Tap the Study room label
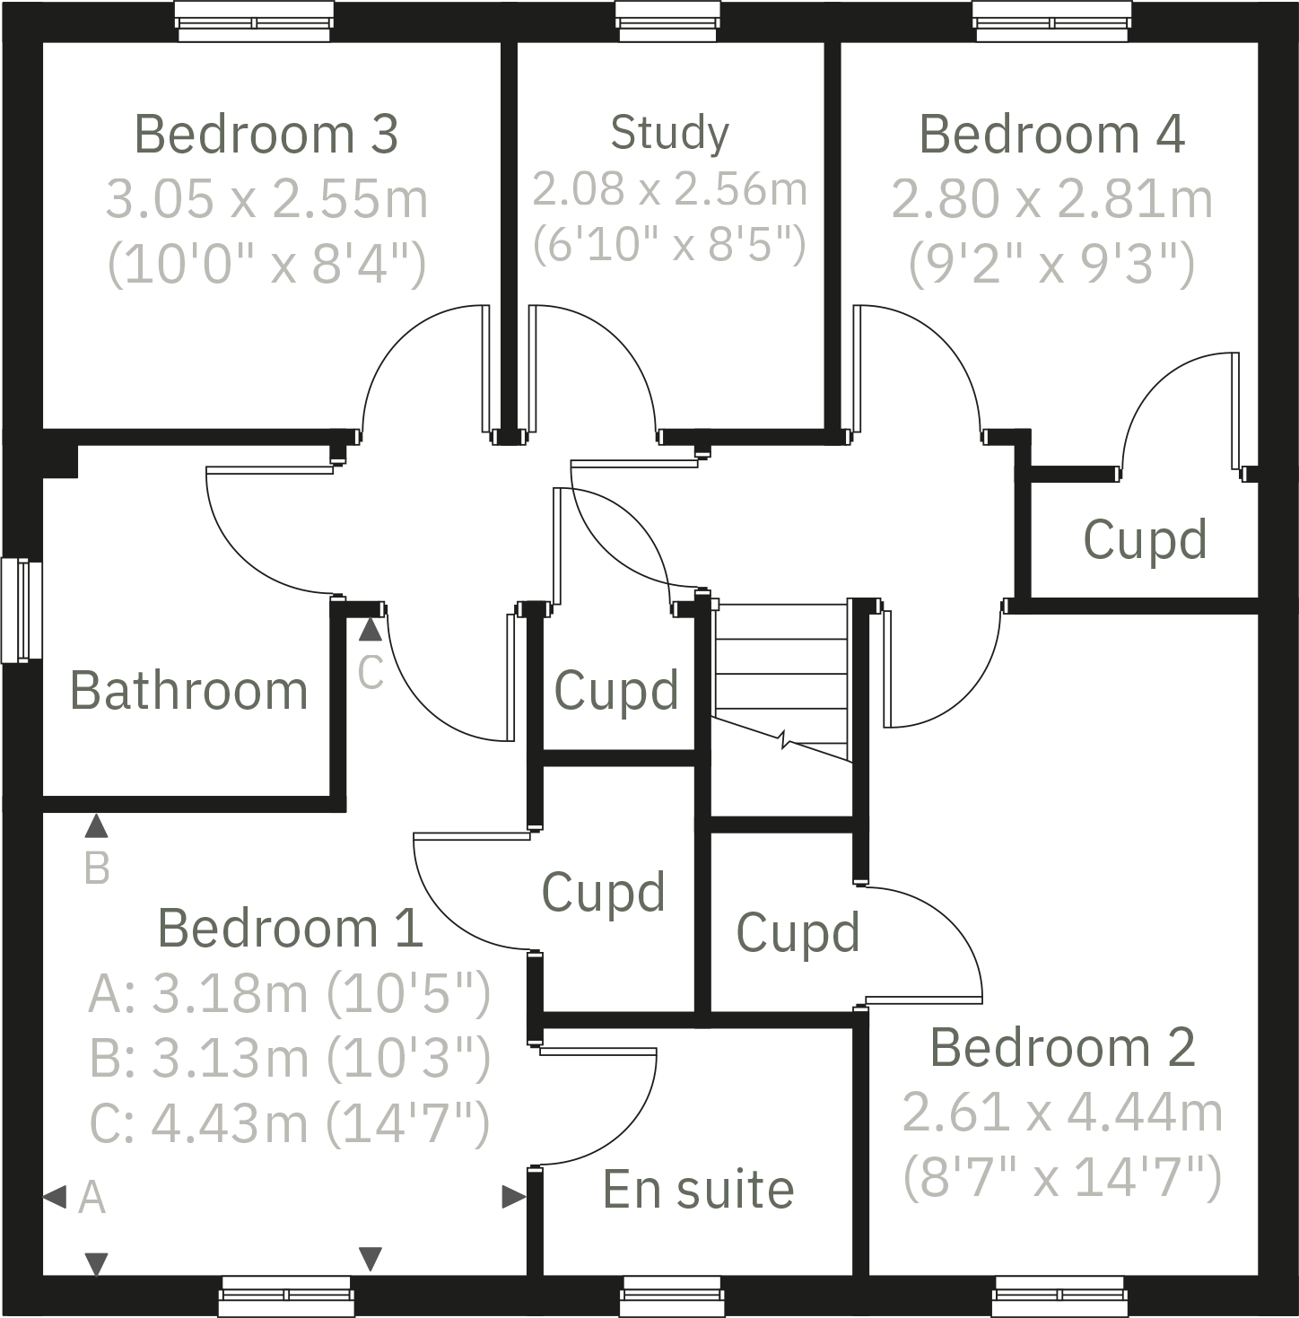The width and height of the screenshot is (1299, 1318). pyautogui.click(x=669, y=133)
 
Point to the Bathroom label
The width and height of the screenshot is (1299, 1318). pyautogui.click(x=188, y=691)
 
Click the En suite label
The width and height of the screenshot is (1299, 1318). pyautogui.click(x=698, y=1190)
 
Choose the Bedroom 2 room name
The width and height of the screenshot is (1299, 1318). pyautogui.click(x=1062, y=1047)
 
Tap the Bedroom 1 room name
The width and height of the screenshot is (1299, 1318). pyautogui.click(x=290, y=928)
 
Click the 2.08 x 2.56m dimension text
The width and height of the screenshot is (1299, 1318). pyautogui.click(x=669, y=189)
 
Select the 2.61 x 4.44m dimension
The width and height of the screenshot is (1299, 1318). pyautogui.click(x=1062, y=1113)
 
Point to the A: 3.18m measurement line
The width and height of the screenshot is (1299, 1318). pyautogui.click(x=290, y=993)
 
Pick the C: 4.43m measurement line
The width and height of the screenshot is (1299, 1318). pyautogui.click(x=290, y=1122)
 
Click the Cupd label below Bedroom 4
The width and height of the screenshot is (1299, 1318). pyautogui.click(x=1145, y=539)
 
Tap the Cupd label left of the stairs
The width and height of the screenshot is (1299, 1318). pyautogui.click(x=616, y=690)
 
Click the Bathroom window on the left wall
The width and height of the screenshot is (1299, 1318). pyautogui.click(x=22, y=610)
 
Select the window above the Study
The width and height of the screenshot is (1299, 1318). pyautogui.click(x=667, y=20)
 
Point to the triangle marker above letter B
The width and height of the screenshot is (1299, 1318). pyautogui.click(x=96, y=825)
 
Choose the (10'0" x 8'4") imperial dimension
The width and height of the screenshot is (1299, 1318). pyautogui.click(x=266, y=265)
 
